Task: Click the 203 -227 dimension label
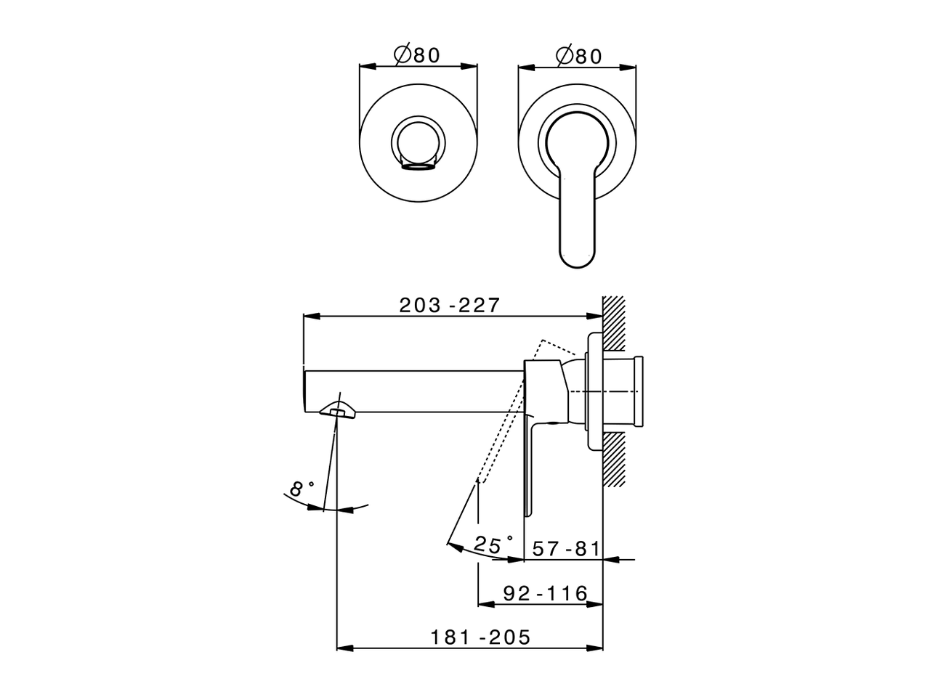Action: click(450, 305)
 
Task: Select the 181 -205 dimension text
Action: click(480, 637)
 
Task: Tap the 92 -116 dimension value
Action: click(545, 594)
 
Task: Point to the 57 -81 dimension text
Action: click(566, 549)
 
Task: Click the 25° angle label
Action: click(493, 544)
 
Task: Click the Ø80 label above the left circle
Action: click(417, 56)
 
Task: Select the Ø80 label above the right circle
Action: click(578, 56)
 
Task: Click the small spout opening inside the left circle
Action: click(417, 167)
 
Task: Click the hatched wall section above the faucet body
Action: click(615, 319)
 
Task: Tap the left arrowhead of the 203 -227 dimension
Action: click(308, 317)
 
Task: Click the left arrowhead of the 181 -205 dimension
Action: click(343, 647)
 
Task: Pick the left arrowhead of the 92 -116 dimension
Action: click(483, 603)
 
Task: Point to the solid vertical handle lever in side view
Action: click(531, 465)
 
